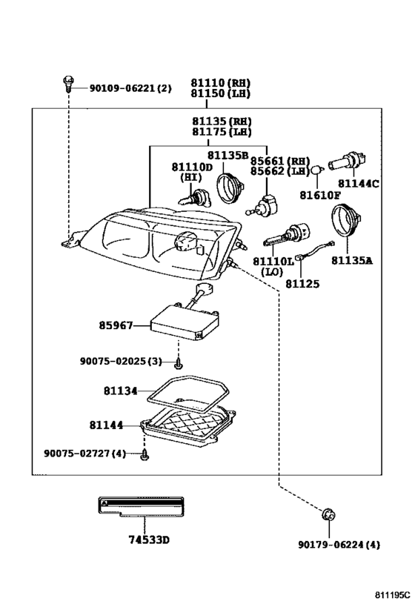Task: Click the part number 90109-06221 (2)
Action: pyautogui.click(x=130, y=88)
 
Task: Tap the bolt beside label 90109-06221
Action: pyautogui.click(x=67, y=84)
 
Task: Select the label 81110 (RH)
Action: pyautogui.click(x=220, y=83)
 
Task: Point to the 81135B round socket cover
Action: pyautogui.click(x=229, y=188)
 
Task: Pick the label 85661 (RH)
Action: pyautogui.click(x=280, y=161)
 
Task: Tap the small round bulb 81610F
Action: pyautogui.click(x=317, y=170)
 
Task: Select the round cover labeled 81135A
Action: pyautogui.click(x=345, y=221)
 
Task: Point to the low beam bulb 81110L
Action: pyautogui.click(x=287, y=236)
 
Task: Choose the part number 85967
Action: pyautogui.click(x=116, y=325)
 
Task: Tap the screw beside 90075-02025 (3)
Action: pyautogui.click(x=178, y=364)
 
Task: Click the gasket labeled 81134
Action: pyautogui.click(x=187, y=396)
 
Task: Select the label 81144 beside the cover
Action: pyautogui.click(x=106, y=425)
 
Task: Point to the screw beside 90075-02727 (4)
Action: pyautogui.click(x=145, y=455)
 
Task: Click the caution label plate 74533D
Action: pyautogui.click(x=141, y=506)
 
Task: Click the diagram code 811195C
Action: pyautogui.click(x=392, y=594)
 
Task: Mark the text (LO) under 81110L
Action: pyautogui.click(x=272, y=272)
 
